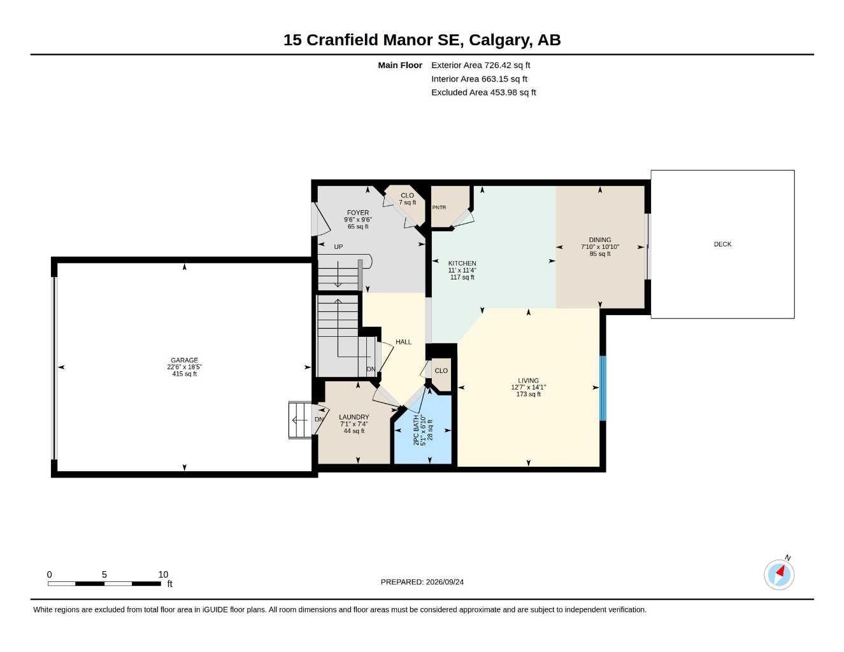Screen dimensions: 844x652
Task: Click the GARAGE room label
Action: tap(184, 360)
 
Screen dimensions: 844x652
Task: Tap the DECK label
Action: tap(722, 244)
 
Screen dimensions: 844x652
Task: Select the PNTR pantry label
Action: tap(439, 207)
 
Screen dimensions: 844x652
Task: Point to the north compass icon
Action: tap(779, 574)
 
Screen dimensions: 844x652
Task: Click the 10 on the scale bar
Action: tap(163, 574)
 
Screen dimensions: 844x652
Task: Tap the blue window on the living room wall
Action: tap(603, 388)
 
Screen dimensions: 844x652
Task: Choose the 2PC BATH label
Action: tap(417, 430)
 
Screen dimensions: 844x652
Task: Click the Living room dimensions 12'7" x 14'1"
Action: tap(528, 387)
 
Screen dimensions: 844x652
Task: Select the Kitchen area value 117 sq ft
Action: tap(462, 277)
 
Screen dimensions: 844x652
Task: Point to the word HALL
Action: tap(403, 342)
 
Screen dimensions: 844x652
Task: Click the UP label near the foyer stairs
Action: tap(338, 247)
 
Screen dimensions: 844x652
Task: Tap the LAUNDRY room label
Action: tap(354, 417)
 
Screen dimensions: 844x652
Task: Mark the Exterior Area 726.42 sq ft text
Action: tap(480, 65)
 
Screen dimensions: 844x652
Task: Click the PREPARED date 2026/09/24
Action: tap(445, 582)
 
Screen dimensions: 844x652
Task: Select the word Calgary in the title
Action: tap(501, 40)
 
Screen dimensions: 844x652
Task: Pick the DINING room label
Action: tap(599, 240)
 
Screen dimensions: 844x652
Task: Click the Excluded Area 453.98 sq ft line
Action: tap(483, 92)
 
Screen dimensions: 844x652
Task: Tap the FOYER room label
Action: tap(358, 213)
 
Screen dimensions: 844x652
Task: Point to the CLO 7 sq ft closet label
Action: tap(407, 199)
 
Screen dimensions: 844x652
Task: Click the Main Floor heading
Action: tap(400, 65)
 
